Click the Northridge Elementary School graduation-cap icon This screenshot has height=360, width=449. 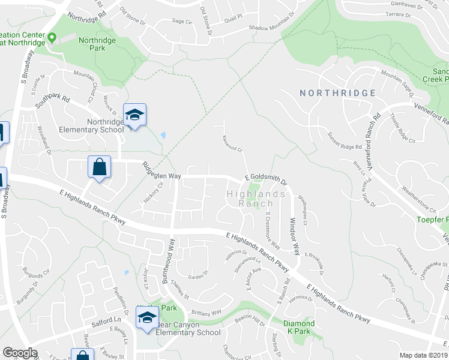coord(135,115)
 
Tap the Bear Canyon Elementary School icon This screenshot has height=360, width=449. coord(146,320)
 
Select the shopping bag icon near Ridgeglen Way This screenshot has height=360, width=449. coord(99,167)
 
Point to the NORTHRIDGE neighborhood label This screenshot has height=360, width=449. coord(338,93)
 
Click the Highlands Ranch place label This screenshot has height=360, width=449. coord(256,199)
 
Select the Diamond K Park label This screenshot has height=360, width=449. coord(299,328)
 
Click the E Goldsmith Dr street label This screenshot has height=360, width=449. coord(265,178)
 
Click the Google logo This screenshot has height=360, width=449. coord(20,353)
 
